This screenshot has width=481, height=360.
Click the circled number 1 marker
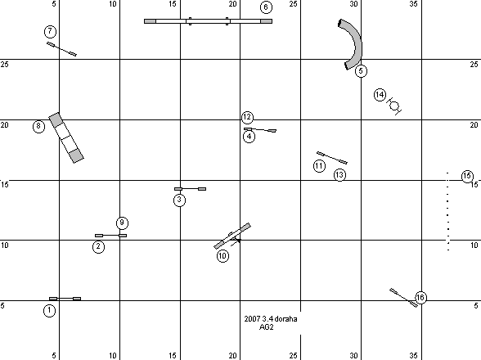[49, 311]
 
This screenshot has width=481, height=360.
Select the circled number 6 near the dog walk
[266, 7]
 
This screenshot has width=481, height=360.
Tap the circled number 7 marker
[51, 31]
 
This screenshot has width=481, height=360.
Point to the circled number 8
[38, 126]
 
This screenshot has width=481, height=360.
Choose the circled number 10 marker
[223, 255]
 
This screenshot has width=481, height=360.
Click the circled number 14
[380, 95]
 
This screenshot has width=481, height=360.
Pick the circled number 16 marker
[420, 297]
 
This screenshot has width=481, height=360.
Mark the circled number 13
[339, 175]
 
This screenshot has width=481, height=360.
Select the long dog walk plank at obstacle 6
[208, 21]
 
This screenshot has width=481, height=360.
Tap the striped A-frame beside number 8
[66, 137]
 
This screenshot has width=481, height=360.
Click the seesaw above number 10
[232, 236]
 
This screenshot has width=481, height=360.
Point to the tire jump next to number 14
[394, 106]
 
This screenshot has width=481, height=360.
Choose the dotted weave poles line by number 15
[448, 212]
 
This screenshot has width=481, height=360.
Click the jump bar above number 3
[190, 189]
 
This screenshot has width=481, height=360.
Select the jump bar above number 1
[65, 299]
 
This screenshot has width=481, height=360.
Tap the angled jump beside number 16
[404, 297]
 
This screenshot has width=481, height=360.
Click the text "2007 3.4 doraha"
[271, 319]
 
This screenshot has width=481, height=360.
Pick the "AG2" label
[267, 327]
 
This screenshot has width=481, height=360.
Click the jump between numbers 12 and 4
[260, 130]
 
